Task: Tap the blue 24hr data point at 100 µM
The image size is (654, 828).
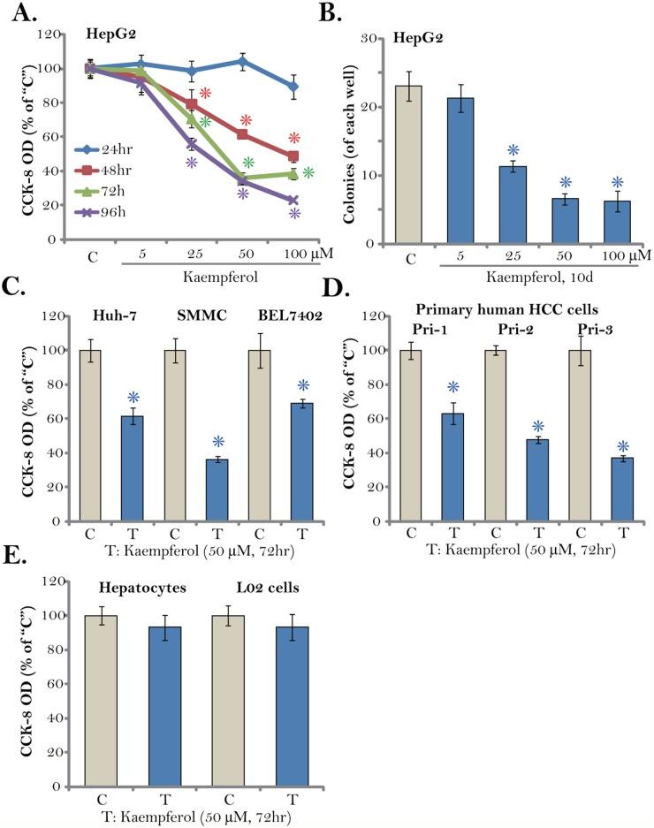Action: [293, 87]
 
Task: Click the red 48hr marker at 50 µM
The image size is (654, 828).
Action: [243, 133]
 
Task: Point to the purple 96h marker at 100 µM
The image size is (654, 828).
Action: [293, 201]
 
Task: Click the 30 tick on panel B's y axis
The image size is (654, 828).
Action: [379, 39]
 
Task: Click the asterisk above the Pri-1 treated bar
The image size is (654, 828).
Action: [453, 387]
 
